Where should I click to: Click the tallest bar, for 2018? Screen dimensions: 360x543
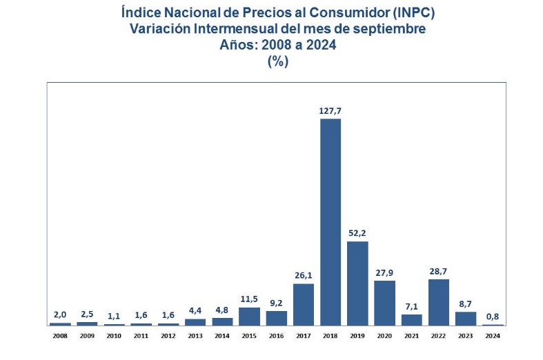point(330,221)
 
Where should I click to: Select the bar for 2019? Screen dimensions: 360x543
point(357,283)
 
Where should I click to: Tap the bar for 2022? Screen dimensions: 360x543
point(439,302)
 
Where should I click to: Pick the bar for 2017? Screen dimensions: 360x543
point(304,304)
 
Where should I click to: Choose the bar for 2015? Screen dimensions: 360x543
point(249,316)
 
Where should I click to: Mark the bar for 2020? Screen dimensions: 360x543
point(384,303)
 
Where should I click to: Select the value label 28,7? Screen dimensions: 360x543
point(439,270)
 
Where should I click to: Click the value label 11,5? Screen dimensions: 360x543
point(249,298)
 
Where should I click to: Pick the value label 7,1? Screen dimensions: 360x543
point(412,305)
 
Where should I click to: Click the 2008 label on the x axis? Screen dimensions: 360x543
point(60,336)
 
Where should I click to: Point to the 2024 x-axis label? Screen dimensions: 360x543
point(493,336)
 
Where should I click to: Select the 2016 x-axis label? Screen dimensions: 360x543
point(277,336)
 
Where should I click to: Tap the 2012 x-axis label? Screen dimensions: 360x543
point(168,336)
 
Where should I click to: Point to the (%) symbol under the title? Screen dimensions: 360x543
point(277,61)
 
